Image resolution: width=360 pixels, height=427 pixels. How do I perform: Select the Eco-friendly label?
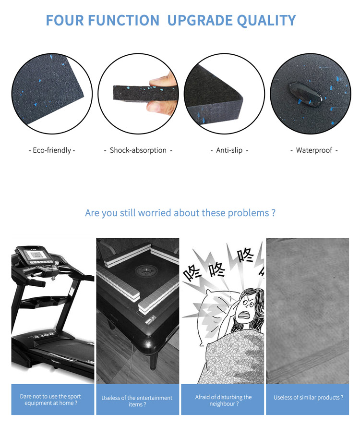coord(52,150)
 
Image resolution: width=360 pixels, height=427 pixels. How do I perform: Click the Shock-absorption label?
coord(138,150)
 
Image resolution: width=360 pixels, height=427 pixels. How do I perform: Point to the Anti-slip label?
coord(229,150)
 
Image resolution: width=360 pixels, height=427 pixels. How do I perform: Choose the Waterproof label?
coord(314,150)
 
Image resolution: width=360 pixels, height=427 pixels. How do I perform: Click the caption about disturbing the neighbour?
coord(223,400)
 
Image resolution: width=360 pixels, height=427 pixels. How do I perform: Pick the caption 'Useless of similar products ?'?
coord(308,398)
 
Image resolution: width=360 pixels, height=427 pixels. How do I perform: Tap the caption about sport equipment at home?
coord(50,400)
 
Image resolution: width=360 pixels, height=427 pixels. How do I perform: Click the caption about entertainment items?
coord(137,401)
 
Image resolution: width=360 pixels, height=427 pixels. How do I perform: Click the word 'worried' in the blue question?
coord(155,213)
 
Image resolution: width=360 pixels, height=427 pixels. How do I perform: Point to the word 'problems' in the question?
coord(245,213)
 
